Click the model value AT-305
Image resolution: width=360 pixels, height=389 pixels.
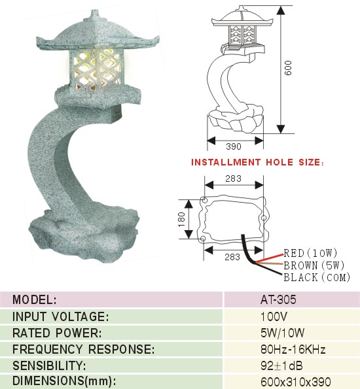[278, 299]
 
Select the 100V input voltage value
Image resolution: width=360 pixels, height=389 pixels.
[274, 316]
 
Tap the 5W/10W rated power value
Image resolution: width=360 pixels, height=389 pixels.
[283, 333]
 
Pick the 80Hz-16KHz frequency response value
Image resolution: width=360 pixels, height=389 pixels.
[293, 349]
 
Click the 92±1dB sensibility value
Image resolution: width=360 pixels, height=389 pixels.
[281, 365]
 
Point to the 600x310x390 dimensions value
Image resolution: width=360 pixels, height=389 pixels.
[296, 382]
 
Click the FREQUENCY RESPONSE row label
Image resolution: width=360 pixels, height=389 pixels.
[84, 349]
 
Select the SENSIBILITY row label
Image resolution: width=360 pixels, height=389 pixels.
[49, 365]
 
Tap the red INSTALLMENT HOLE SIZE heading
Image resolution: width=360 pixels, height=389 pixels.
[257, 162]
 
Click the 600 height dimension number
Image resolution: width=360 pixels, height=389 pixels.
[288, 68]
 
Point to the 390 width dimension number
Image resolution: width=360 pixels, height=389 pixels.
[234, 146]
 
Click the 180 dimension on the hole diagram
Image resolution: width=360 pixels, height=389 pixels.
[182, 219]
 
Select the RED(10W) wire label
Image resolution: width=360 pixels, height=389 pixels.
[310, 253]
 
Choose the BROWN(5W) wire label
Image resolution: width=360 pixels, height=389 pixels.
[314, 265]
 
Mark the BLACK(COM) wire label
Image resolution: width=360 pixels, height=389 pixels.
[317, 277]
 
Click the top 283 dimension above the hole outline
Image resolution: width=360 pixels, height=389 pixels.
[233, 178]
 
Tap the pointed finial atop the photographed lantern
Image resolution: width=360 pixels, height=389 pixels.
[94, 13]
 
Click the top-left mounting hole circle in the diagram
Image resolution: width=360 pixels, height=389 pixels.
[204, 199]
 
